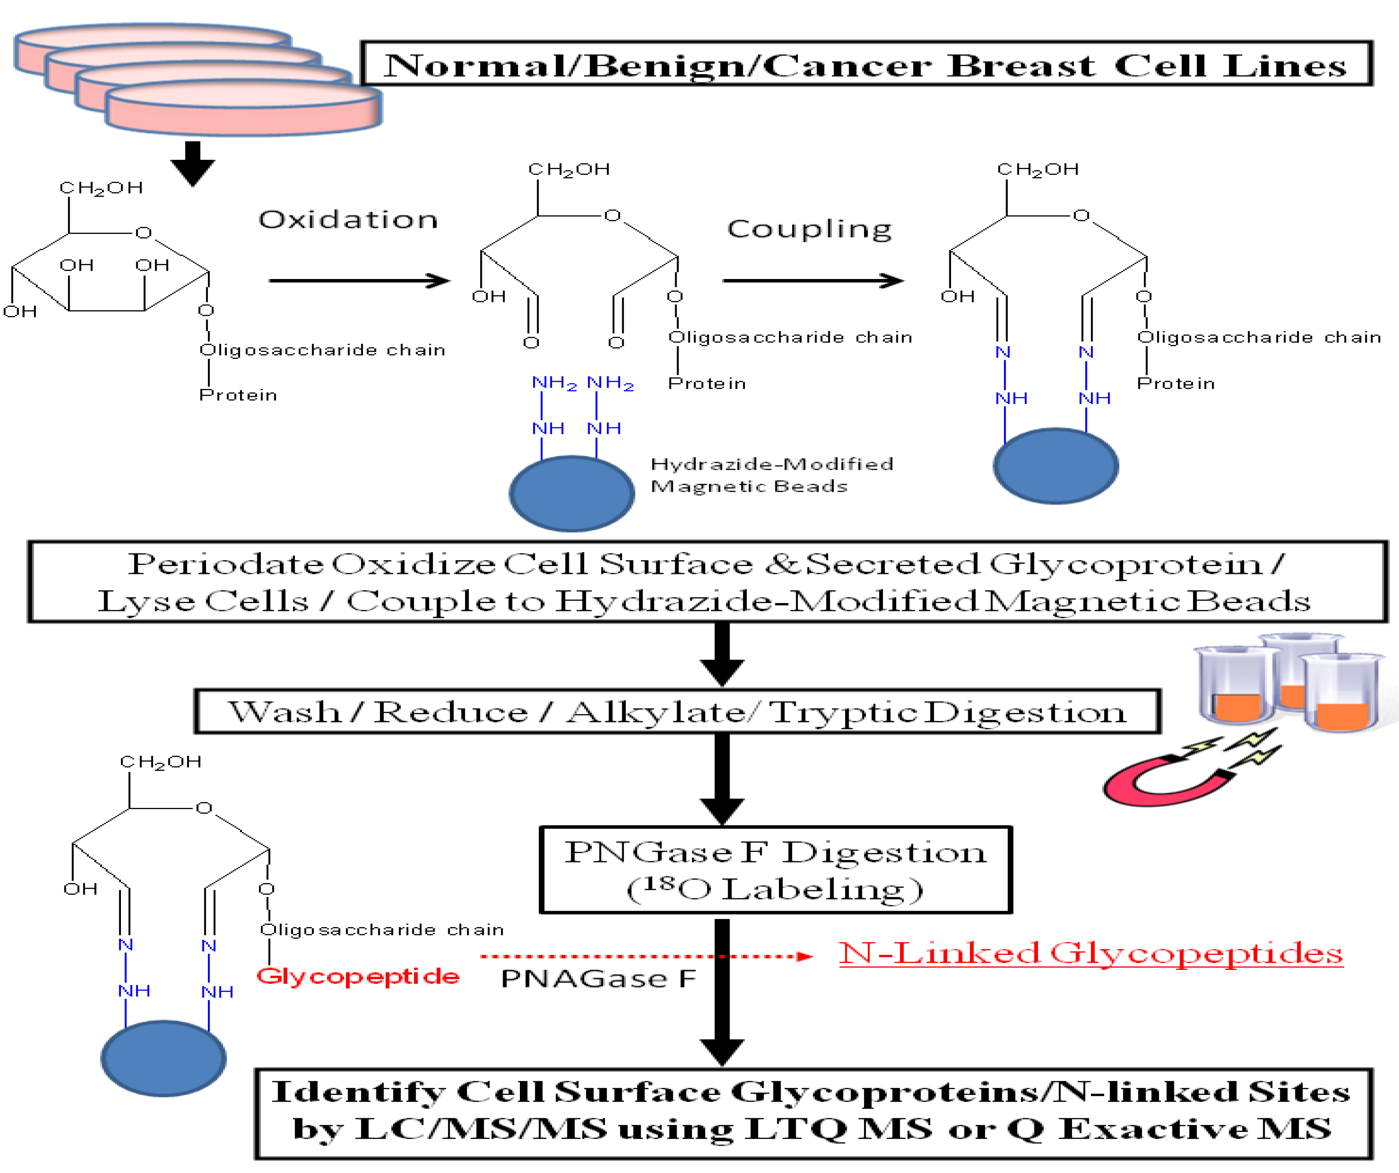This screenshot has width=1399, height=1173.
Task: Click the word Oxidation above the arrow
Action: coord(348,220)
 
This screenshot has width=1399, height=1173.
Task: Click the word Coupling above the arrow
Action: coord(809,229)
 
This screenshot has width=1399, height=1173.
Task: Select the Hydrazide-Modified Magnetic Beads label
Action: coord(771,475)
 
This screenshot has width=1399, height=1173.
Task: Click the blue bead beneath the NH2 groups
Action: coord(572,493)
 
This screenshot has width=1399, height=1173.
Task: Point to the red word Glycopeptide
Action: coord(358,977)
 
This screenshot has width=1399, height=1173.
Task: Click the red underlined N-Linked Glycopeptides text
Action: coord(1090,954)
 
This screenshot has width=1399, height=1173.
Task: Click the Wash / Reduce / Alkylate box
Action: coord(677,712)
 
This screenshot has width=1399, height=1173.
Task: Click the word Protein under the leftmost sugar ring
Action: coord(238,395)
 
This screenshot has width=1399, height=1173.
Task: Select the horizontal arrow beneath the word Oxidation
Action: coord(359,281)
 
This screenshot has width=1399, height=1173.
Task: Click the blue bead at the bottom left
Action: coord(163,1058)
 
